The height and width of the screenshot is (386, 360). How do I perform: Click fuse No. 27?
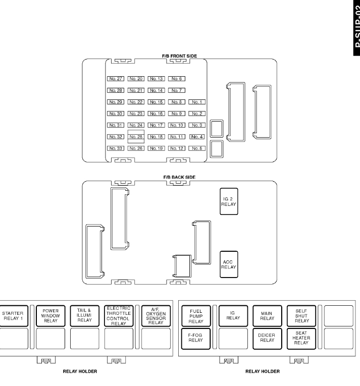pos(116,79)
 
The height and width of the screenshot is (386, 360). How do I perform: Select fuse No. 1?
pos(197,102)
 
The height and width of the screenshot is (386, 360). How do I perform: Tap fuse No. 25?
pos(136,137)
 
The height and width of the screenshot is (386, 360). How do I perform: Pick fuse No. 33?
pos(116,148)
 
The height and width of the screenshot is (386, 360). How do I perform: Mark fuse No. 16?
pos(157,114)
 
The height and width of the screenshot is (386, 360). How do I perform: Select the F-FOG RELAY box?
pos(196,337)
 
